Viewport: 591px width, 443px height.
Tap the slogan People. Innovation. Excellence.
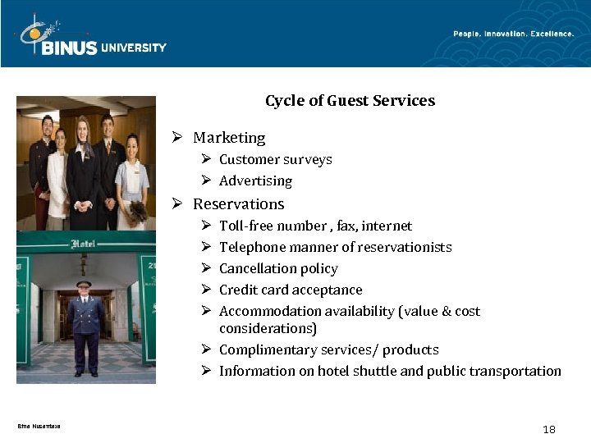pos(514,34)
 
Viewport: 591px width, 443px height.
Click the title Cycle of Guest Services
pos(350,101)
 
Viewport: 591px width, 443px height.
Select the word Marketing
pos(229,138)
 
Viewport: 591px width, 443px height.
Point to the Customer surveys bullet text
pos(275,159)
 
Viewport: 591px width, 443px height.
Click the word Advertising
pos(255,180)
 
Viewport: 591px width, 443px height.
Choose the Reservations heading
pos(238,203)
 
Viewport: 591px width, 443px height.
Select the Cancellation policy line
pos(278,268)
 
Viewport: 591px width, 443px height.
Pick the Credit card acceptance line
pos(291,290)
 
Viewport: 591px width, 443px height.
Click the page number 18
pos(549,429)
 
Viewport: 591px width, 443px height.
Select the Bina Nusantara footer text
pos(39,426)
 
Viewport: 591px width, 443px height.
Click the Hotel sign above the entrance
pos(84,244)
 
